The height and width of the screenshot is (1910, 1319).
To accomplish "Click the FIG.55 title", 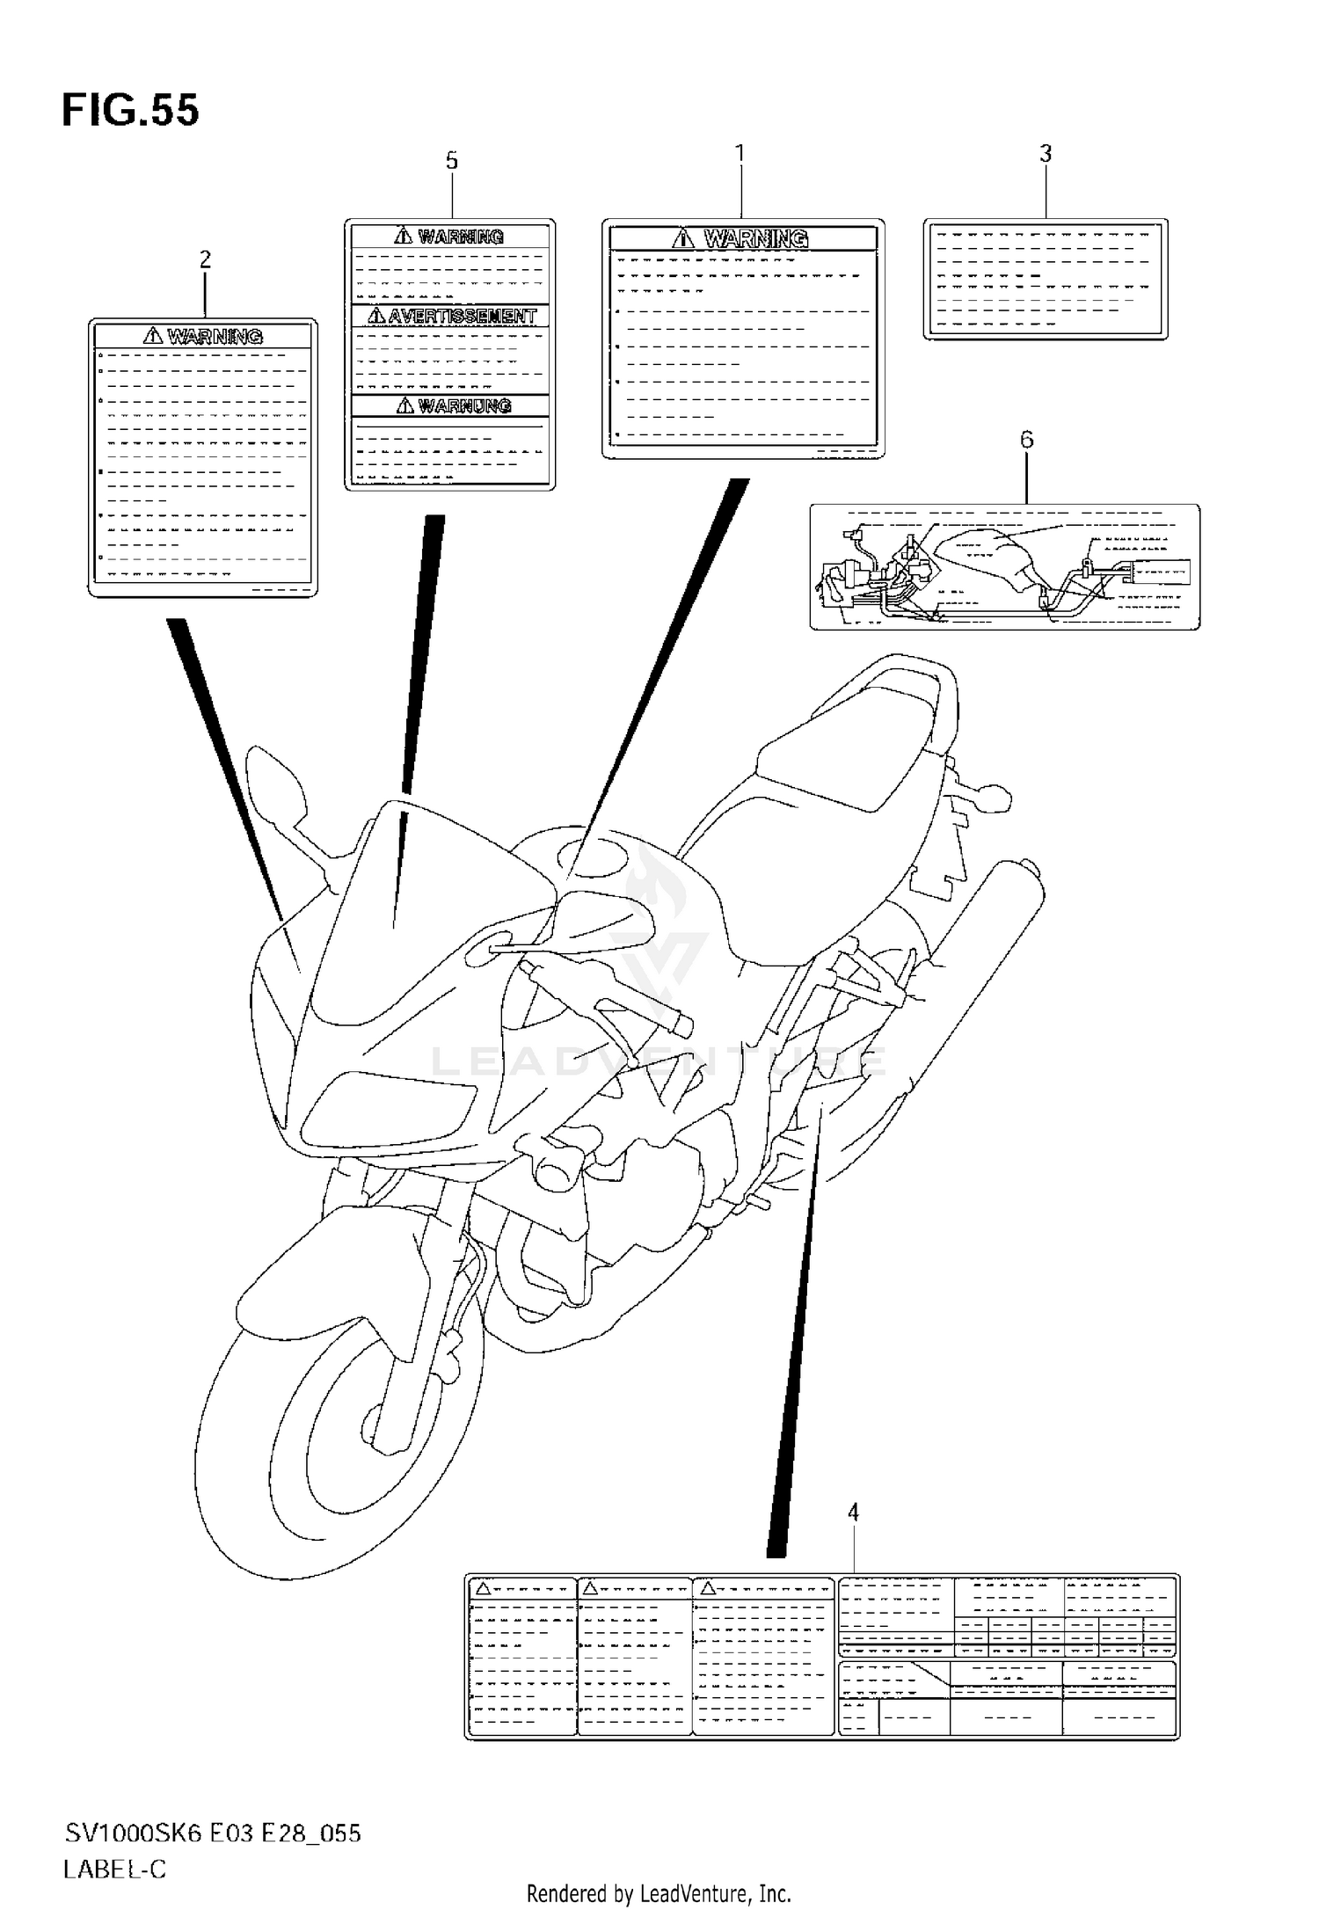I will point(130,111).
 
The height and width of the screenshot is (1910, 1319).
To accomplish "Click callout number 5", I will point(451,161).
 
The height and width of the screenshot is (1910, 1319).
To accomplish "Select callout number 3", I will point(1045,154).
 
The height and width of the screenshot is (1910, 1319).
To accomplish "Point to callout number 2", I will point(205,259).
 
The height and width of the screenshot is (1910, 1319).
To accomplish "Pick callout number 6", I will point(1026,439).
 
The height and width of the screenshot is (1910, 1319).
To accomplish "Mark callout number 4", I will point(852,1513).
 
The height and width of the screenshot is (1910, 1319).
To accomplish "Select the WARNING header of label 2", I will point(214,336).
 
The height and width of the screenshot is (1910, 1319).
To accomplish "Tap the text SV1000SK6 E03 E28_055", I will point(212,1833).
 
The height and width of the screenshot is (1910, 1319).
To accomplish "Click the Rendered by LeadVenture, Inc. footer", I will point(659,1893).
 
